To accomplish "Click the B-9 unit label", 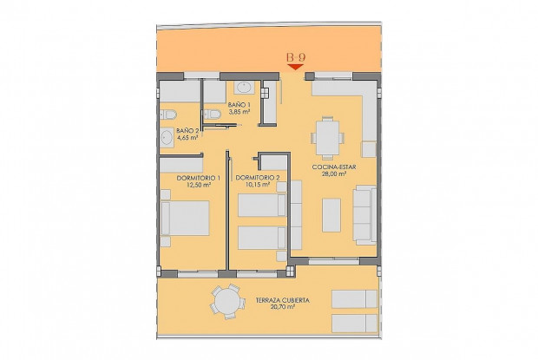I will [295, 57].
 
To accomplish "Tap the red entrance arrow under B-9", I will [295, 67].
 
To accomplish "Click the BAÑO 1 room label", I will [239, 104].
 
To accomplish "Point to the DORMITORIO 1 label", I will [198, 178].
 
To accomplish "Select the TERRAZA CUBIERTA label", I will [283, 301].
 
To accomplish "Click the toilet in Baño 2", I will [169, 113].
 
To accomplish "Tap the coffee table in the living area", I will [331, 215].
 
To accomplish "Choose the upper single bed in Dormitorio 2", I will [261, 205].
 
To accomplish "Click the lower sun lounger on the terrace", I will [354, 323].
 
